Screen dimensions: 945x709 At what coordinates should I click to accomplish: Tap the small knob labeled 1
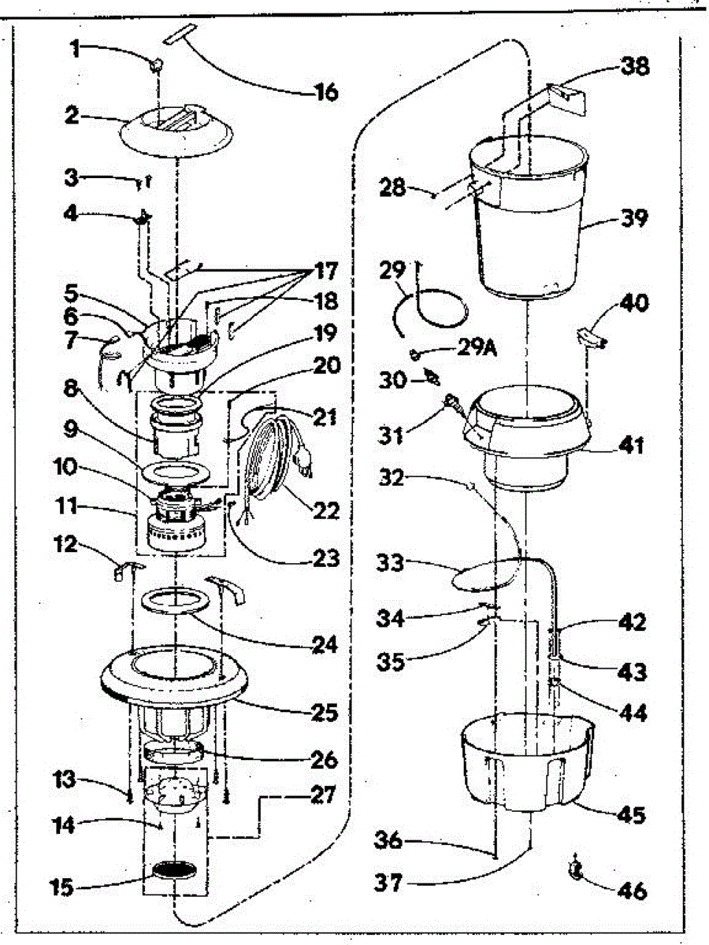[x=156, y=63]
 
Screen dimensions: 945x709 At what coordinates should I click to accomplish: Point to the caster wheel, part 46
[x=576, y=869]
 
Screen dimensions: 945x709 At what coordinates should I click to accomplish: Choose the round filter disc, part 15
[x=173, y=870]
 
